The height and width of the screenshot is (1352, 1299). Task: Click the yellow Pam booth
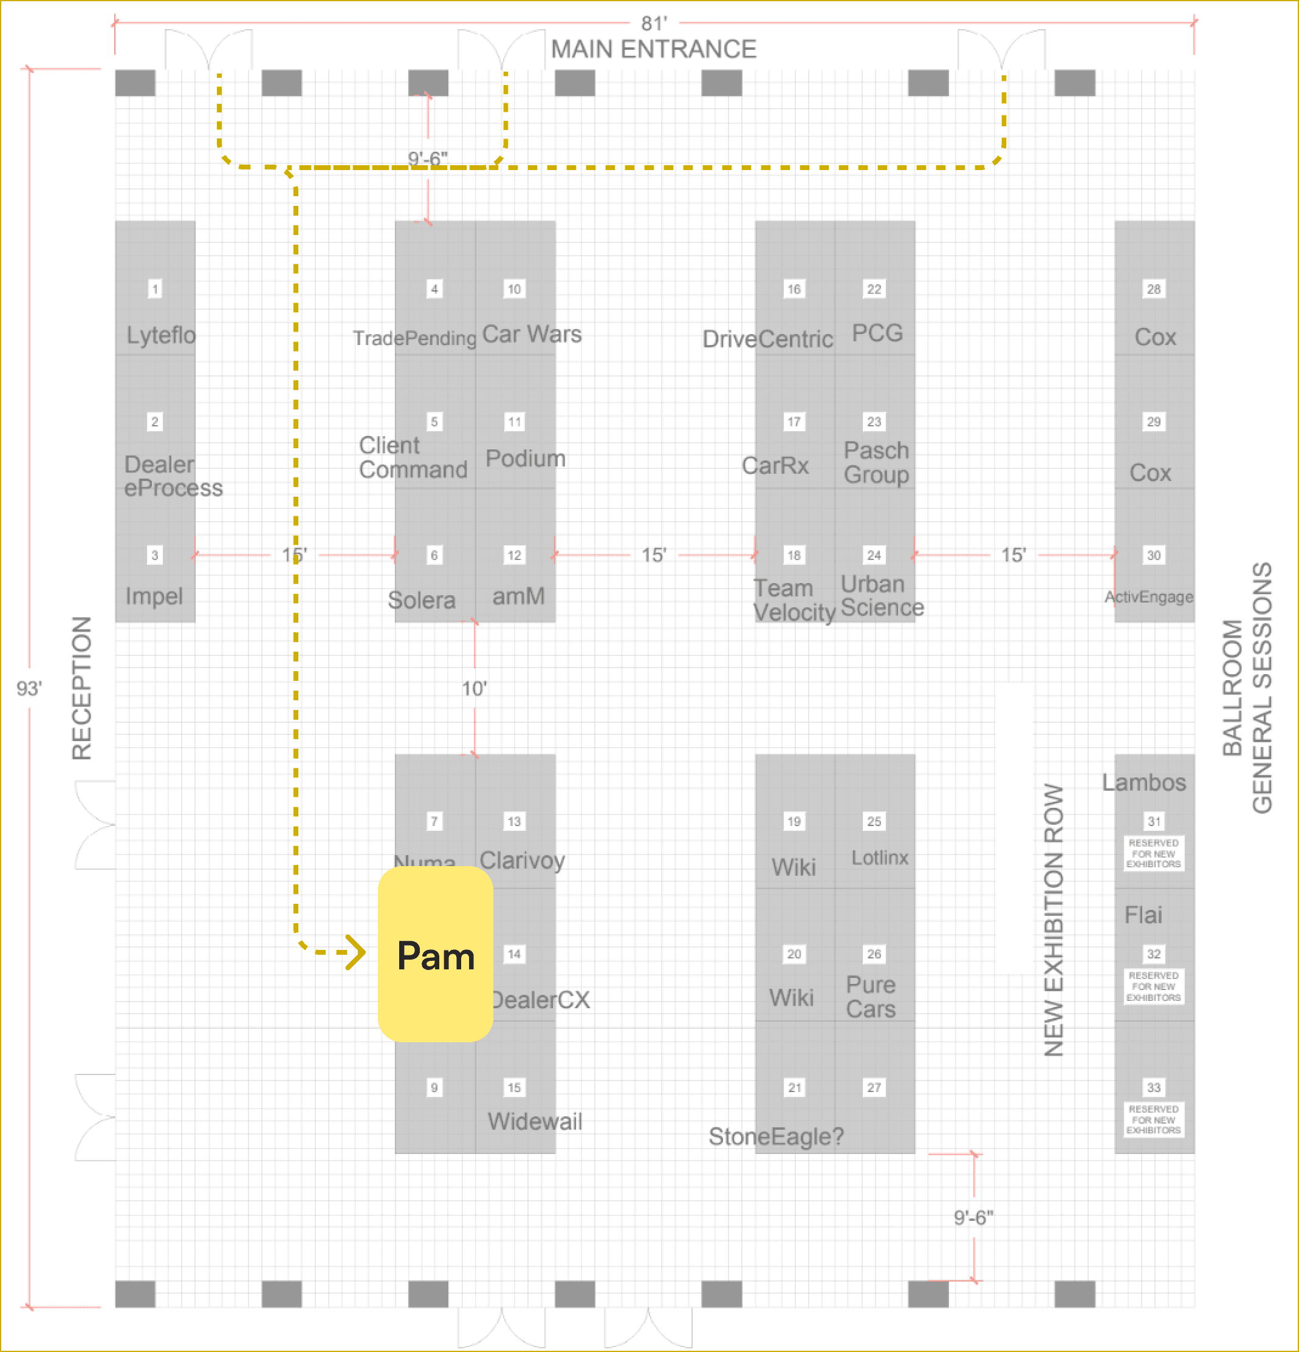pyautogui.click(x=435, y=954)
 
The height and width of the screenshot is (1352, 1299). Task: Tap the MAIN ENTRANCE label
pyautogui.click(x=653, y=50)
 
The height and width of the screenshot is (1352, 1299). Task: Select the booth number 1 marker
pyautogui.click(x=155, y=289)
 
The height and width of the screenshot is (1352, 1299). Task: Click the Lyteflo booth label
pyautogui.click(x=161, y=335)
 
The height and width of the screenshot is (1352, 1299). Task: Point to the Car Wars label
pyautogui.click(x=531, y=335)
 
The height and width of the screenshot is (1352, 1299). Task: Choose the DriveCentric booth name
pyautogui.click(x=767, y=340)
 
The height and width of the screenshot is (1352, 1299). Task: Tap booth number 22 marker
pyautogui.click(x=874, y=289)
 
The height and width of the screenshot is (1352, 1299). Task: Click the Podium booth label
pyautogui.click(x=525, y=459)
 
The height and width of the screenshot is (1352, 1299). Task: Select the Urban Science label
pyautogui.click(x=882, y=596)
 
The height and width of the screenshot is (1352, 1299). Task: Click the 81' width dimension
pyautogui.click(x=654, y=24)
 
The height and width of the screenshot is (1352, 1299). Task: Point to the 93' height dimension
pyautogui.click(x=29, y=688)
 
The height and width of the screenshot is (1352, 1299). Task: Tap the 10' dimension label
pyautogui.click(x=475, y=688)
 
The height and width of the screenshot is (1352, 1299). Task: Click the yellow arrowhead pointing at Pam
pyautogui.click(x=356, y=952)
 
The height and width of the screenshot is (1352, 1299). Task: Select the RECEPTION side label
pyautogui.click(x=82, y=688)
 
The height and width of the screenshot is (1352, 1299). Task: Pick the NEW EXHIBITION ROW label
pyautogui.click(x=1054, y=920)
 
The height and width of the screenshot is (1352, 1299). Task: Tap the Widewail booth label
pyautogui.click(x=535, y=1122)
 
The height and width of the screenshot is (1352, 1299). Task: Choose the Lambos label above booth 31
pyautogui.click(x=1144, y=783)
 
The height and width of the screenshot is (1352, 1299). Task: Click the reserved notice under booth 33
pyautogui.click(x=1153, y=1119)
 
